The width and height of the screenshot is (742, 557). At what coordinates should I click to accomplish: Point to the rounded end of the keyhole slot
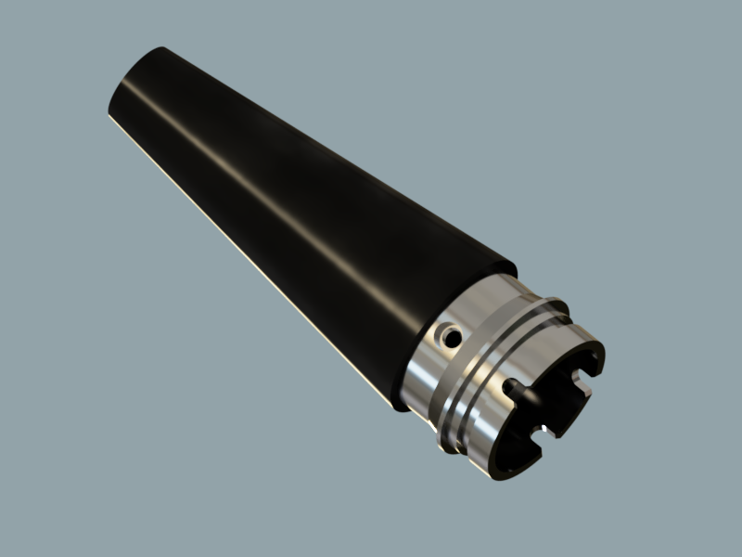[x=509, y=384]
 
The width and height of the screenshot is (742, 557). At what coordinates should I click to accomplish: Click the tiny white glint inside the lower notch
[x=553, y=434]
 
